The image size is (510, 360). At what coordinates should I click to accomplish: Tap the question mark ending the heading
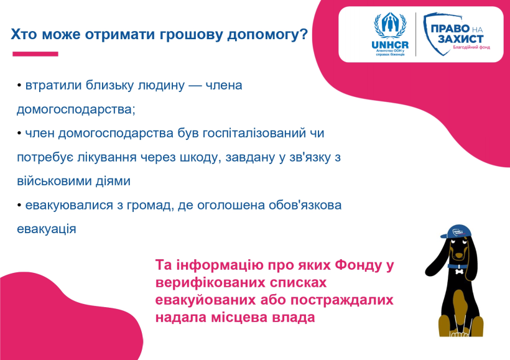304,34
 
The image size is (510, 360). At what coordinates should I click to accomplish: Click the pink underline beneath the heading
35,54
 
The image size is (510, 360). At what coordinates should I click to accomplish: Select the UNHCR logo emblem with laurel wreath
390,25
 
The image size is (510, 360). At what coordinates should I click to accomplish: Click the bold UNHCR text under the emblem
390,45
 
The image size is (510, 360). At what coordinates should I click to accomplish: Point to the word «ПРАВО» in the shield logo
450,29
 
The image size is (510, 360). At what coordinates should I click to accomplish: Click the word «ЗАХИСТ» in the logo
460,39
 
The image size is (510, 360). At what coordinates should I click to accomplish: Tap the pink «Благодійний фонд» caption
471,47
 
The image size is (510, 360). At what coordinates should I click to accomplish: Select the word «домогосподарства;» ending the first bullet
76,109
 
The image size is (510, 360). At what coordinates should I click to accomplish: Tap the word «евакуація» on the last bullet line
47,229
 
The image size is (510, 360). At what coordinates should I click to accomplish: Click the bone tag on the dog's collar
459,270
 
